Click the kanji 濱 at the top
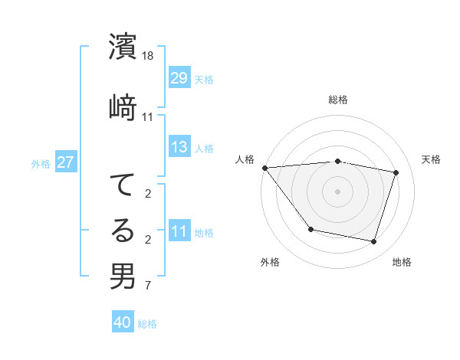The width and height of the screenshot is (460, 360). point(123,47)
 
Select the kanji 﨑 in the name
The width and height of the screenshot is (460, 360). point(123,108)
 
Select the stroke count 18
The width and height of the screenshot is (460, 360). point(148,57)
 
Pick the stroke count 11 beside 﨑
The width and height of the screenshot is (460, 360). point(148,117)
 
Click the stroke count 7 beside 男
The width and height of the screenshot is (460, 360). point(148,286)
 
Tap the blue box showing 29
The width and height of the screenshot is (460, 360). point(179,78)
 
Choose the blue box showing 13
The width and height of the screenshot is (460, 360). point(179,147)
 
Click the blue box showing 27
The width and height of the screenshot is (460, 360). point(65,162)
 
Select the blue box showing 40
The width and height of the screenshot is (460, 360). point(123,322)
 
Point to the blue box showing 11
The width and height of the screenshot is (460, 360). point(179,231)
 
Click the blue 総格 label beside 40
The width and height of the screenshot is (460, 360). point(147,324)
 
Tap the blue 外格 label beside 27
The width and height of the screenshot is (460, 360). point(41,163)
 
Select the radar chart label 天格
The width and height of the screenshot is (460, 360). point(431,159)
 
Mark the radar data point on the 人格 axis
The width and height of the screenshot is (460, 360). point(264,168)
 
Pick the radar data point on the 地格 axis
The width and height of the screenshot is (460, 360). point(373,242)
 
